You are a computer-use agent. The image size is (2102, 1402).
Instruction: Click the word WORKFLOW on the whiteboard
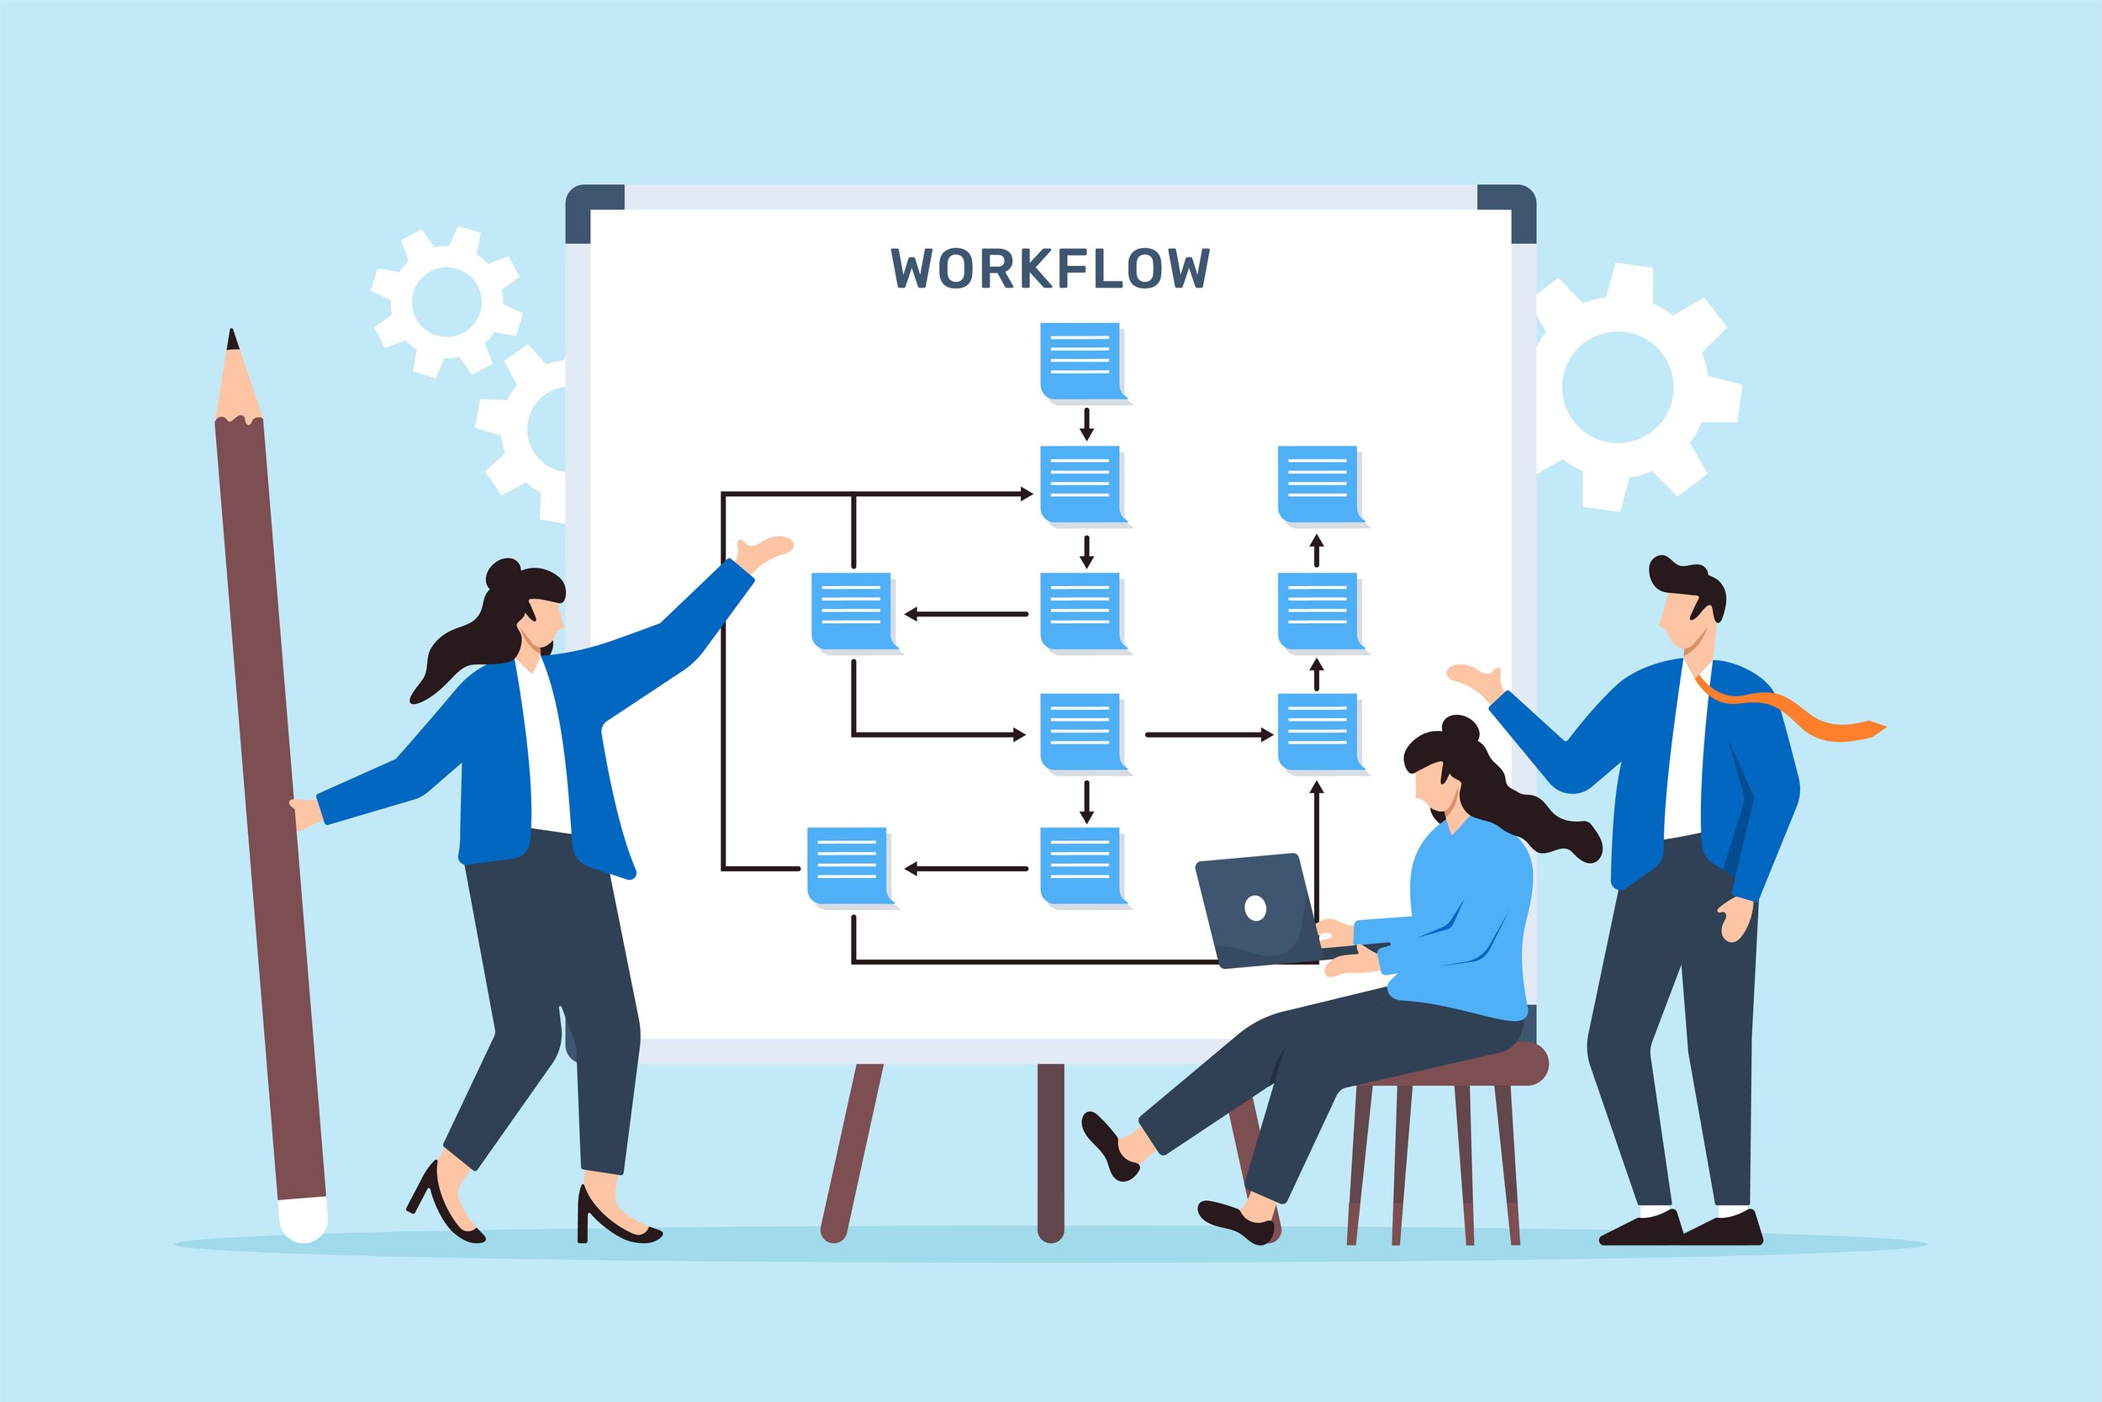pos(1050,268)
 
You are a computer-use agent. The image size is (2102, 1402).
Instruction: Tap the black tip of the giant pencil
pos(232,339)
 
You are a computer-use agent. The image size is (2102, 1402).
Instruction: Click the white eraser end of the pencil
pos(303,1219)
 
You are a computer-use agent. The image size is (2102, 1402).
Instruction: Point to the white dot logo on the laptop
pos(1254,908)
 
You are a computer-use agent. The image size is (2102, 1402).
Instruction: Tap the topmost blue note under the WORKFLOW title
pos(1083,363)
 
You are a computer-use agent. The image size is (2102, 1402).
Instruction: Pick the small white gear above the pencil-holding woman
pos(446,301)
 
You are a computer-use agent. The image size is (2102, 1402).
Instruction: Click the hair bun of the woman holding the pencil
pos(502,572)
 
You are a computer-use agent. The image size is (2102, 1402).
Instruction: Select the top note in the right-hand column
pos(1321,486)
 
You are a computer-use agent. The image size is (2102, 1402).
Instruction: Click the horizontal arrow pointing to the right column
pos(1209,735)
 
